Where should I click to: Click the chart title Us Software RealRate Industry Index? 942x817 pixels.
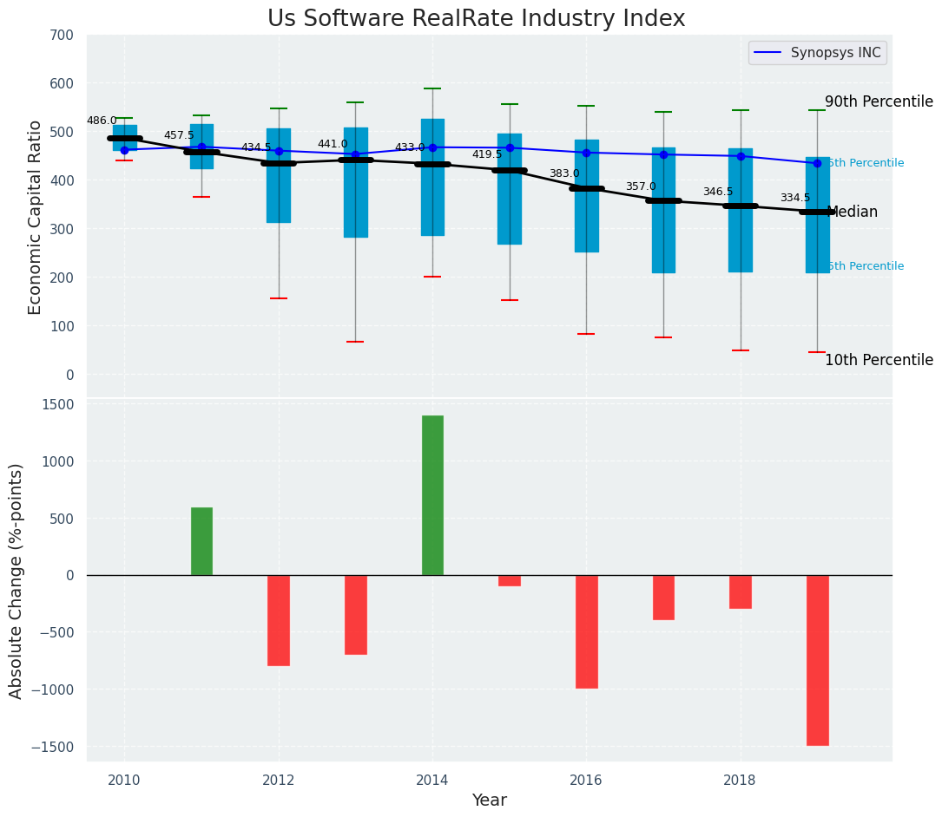(476, 19)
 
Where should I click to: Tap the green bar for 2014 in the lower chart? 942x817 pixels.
(432, 494)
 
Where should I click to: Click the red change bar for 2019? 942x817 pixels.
(817, 659)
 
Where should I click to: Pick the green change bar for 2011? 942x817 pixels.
(201, 541)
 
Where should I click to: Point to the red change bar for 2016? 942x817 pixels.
(586, 631)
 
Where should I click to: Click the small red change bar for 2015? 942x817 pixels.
(510, 580)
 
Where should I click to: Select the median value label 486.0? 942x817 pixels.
(102, 121)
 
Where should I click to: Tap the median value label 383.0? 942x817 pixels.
(563, 174)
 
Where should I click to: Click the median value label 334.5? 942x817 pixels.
(794, 199)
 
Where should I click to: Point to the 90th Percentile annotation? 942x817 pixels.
(879, 102)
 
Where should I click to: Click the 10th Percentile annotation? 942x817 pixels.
(879, 361)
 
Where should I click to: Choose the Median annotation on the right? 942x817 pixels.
(853, 212)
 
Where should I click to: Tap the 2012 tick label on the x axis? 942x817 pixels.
(279, 780)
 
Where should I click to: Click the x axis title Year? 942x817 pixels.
(489, 801)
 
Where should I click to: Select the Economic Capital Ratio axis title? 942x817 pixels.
(36, 217)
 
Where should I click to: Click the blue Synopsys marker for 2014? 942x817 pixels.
(432, 147)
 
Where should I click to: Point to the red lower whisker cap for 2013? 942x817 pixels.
(355, 342)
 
